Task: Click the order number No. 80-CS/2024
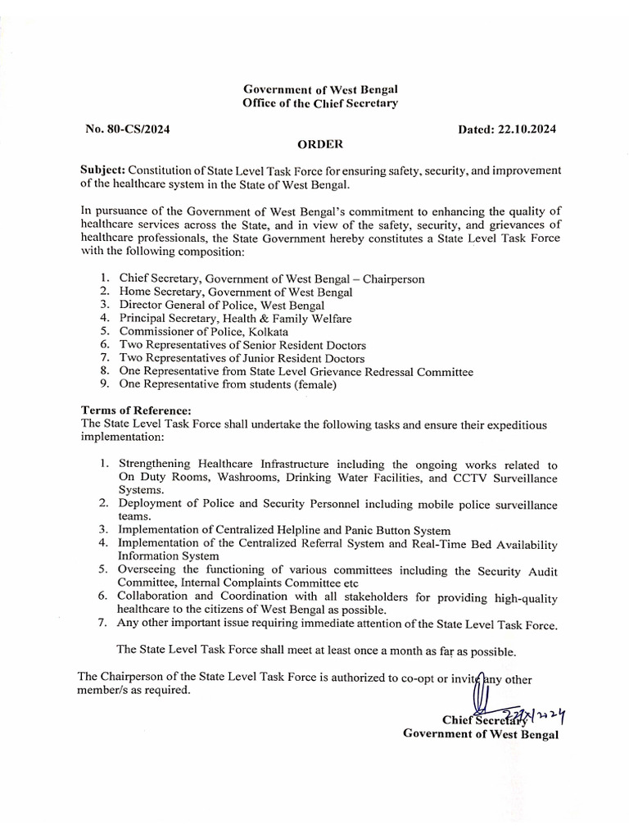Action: click(x=127, y=129)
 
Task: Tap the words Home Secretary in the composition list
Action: click(x=161, y=293)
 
